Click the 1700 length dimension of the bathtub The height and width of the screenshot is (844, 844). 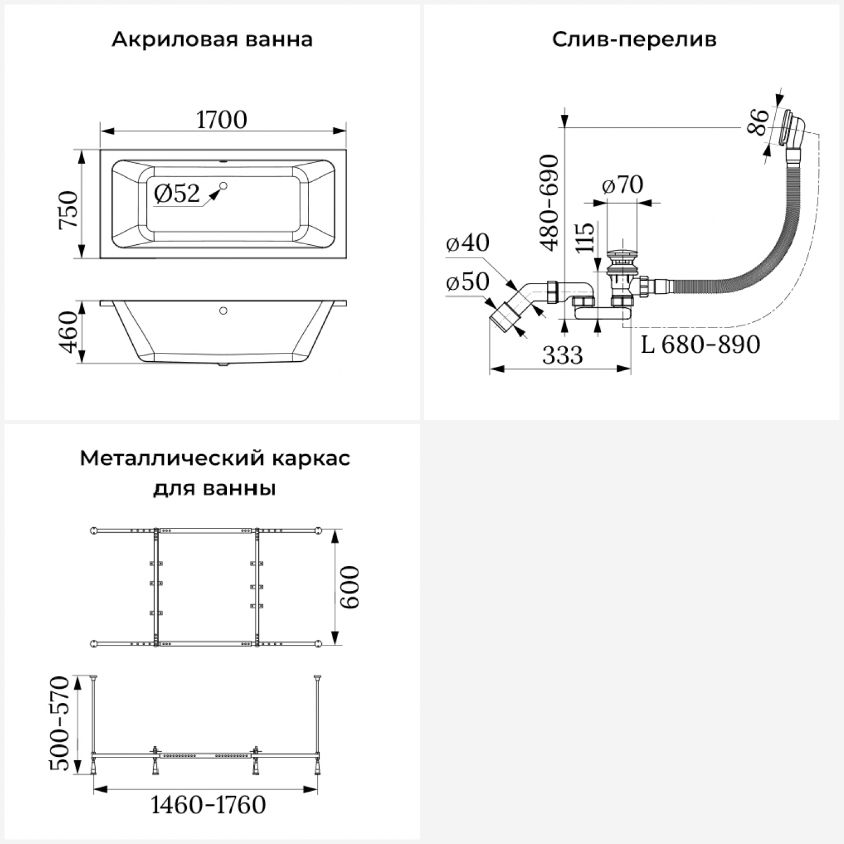coord(222,120)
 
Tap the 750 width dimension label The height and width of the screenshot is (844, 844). coord(69,209)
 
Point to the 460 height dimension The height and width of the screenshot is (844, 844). coord(69,333)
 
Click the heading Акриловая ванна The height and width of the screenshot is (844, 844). coord(212,40)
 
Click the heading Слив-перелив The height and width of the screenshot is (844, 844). coord(634,40)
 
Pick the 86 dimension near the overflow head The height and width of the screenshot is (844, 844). coord(758,122)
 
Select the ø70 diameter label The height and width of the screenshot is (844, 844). coord(622,185)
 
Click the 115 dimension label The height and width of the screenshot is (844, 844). coord(585,237)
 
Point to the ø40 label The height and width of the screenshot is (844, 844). coord(468,243)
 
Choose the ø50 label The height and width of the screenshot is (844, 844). coord(468,281)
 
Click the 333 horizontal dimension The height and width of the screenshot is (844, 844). coord(563,354)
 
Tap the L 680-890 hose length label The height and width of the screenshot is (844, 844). coord(701,344)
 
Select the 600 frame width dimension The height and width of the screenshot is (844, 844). coord(350,587)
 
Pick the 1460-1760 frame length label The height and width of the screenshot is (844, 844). coord(208,805)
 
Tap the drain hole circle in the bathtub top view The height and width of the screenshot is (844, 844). coord(223,186)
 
